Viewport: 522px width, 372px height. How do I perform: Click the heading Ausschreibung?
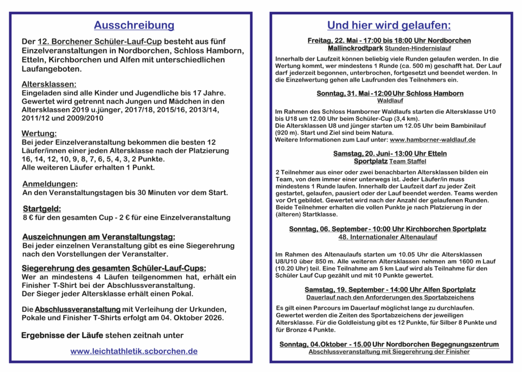134,25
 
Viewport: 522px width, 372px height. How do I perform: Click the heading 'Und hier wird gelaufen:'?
388,25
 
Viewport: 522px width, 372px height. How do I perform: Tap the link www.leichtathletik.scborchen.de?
134,351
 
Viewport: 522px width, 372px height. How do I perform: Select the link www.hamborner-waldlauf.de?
432,139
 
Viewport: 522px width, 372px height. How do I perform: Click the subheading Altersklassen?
49,84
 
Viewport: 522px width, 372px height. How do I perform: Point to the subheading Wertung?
39,134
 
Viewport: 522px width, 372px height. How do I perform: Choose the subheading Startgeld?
42,208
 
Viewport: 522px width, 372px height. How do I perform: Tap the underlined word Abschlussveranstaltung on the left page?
77,309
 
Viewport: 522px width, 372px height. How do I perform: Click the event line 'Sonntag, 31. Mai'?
390,93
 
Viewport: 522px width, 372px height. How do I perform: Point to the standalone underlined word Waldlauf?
390,101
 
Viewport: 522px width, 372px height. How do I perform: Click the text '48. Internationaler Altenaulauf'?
387,237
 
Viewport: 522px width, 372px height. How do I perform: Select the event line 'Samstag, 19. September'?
390,289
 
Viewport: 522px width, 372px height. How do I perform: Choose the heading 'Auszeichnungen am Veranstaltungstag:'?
98,237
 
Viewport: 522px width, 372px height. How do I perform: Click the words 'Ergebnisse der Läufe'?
62,335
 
